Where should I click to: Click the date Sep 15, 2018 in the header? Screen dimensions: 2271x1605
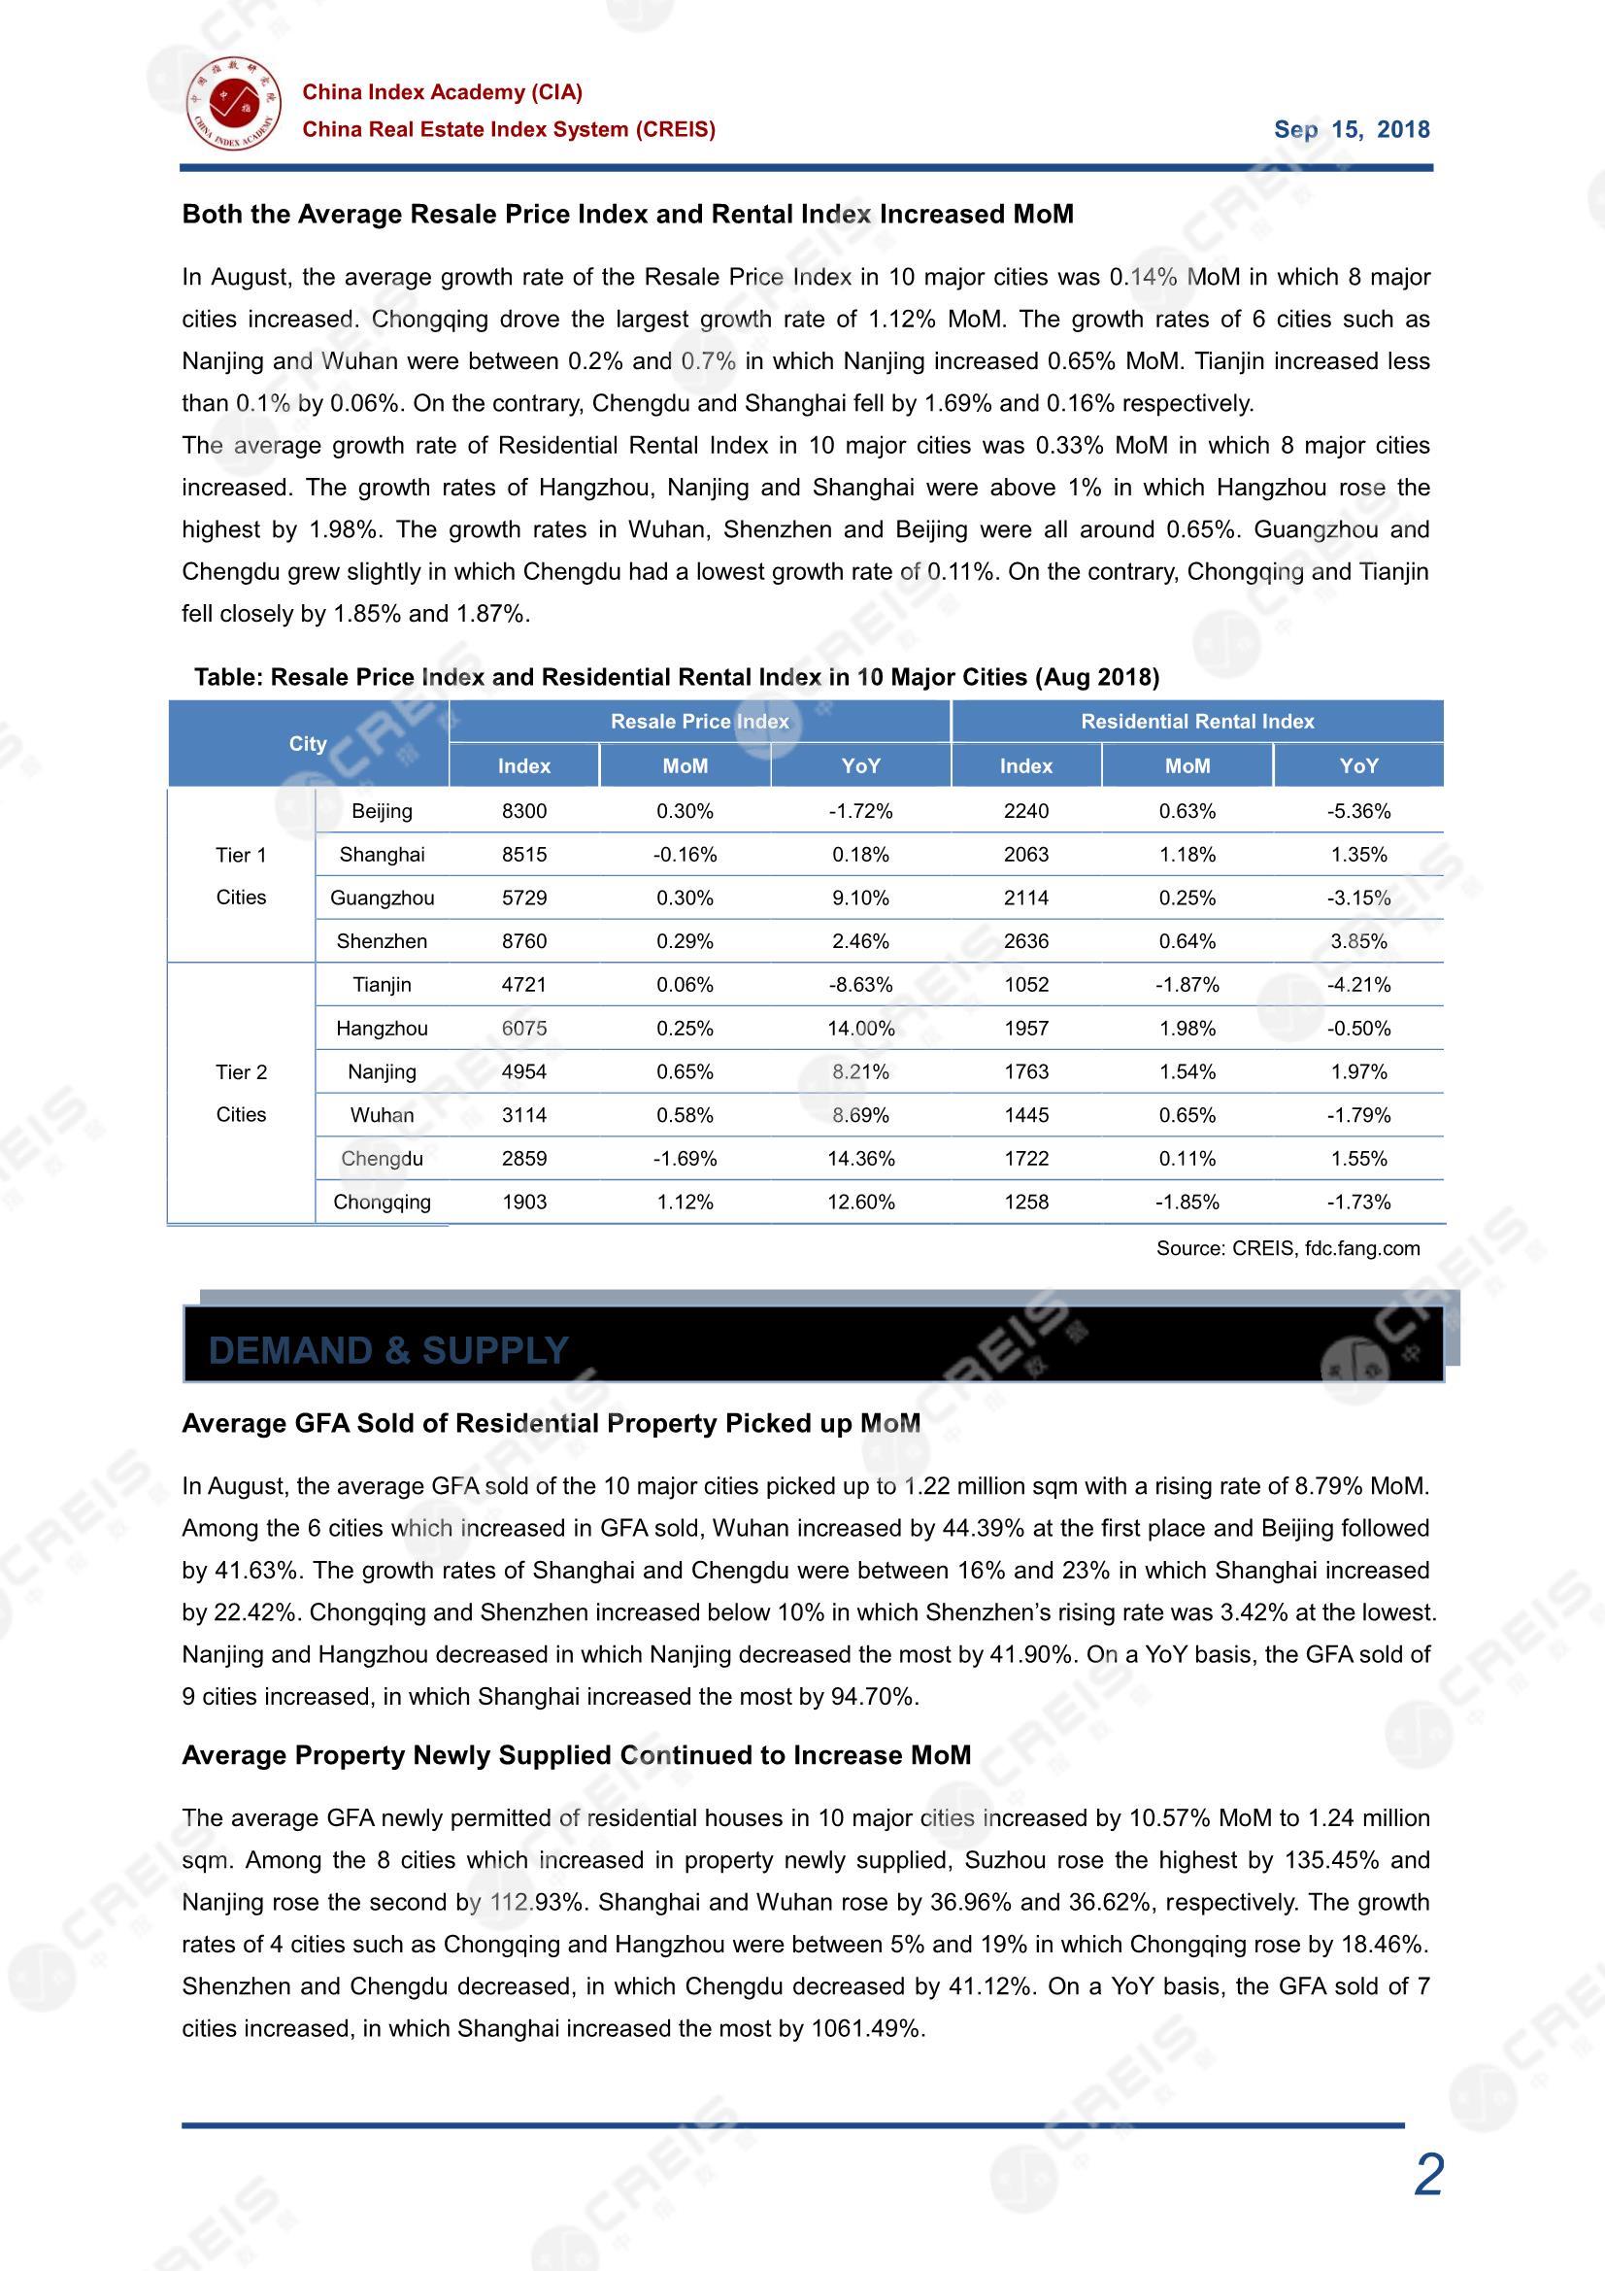click(x=1351, y=129)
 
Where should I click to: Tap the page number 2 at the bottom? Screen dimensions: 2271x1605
click(x=1428, y=2175)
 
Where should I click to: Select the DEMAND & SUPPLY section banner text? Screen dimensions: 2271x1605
click(x=388, y=1350)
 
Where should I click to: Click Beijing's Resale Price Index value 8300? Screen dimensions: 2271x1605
click(x=524, y=811)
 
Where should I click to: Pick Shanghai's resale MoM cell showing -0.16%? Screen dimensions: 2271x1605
click(x=685, y=855)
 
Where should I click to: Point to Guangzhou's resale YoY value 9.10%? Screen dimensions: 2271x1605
click(x=860, y=898)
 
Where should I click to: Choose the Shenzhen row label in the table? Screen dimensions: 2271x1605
click(x=382, y=941)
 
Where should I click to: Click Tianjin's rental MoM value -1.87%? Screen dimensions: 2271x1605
click(x=1187, y=985)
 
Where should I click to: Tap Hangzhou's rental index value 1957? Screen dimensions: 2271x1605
click(x=1025, y=1029)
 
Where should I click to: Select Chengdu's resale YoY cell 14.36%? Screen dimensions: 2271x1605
click(x=860, y=1158)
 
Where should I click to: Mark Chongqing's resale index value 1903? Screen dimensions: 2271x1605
click(x=524, y=1202)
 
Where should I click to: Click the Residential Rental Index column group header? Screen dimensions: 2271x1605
click(x=1196, y=721)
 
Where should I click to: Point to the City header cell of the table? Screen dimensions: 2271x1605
click(x=308, y=744)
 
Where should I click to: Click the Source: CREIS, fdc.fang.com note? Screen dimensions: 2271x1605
click(x=1287, y=1248)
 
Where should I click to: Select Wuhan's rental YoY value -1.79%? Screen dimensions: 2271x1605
click(x=1357, y=1116)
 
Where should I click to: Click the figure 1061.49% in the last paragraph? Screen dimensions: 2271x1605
click(x=865, y=2029)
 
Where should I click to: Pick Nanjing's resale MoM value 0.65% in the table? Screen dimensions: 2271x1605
click(x=685, y=1072)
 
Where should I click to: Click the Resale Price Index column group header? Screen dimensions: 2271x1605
click(x=699, y=721)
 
